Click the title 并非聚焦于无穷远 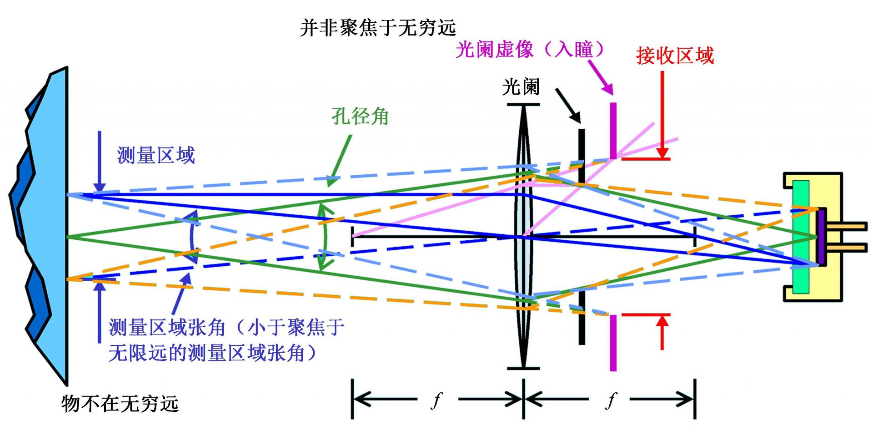point(377,28)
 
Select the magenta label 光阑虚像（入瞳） point(530,49)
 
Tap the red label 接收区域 point(675,56)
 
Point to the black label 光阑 point(521,86)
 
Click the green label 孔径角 point(360,116)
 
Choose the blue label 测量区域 point(156,155)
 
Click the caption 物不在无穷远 point(120,403)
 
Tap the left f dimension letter point(436,400)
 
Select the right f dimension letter point(611,400)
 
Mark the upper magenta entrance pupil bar point(613,130)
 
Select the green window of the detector point(801,237)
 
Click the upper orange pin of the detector point(846,226)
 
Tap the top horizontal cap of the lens point(523,105)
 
